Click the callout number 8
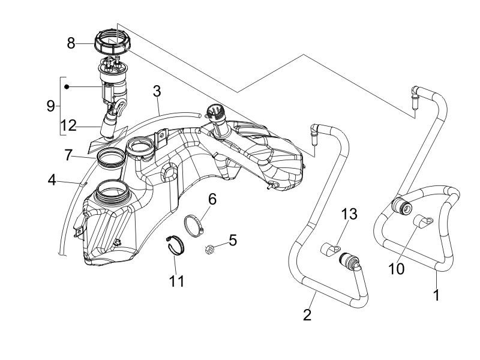point(71,43)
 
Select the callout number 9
point(50,106)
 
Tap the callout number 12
point(69,125)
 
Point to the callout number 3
point(157,92)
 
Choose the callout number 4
point(52,179)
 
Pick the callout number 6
point(212,199)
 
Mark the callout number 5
point(233,240)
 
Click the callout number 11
point(176,280)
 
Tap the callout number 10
point(396,268)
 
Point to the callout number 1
point(436,295)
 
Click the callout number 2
point(307,314)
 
